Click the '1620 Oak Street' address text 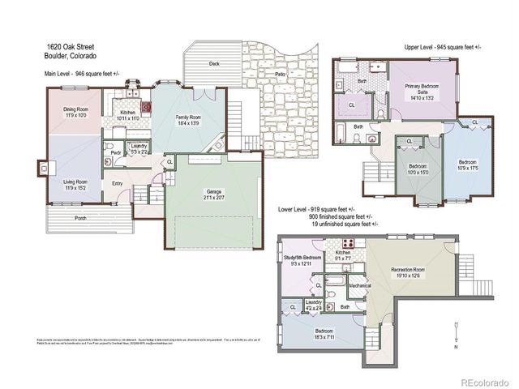(68, 47)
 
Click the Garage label (215, 193)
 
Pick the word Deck (214, 62)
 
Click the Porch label (80, 218)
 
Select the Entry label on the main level (118, 182)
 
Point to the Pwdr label (116, 151)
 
